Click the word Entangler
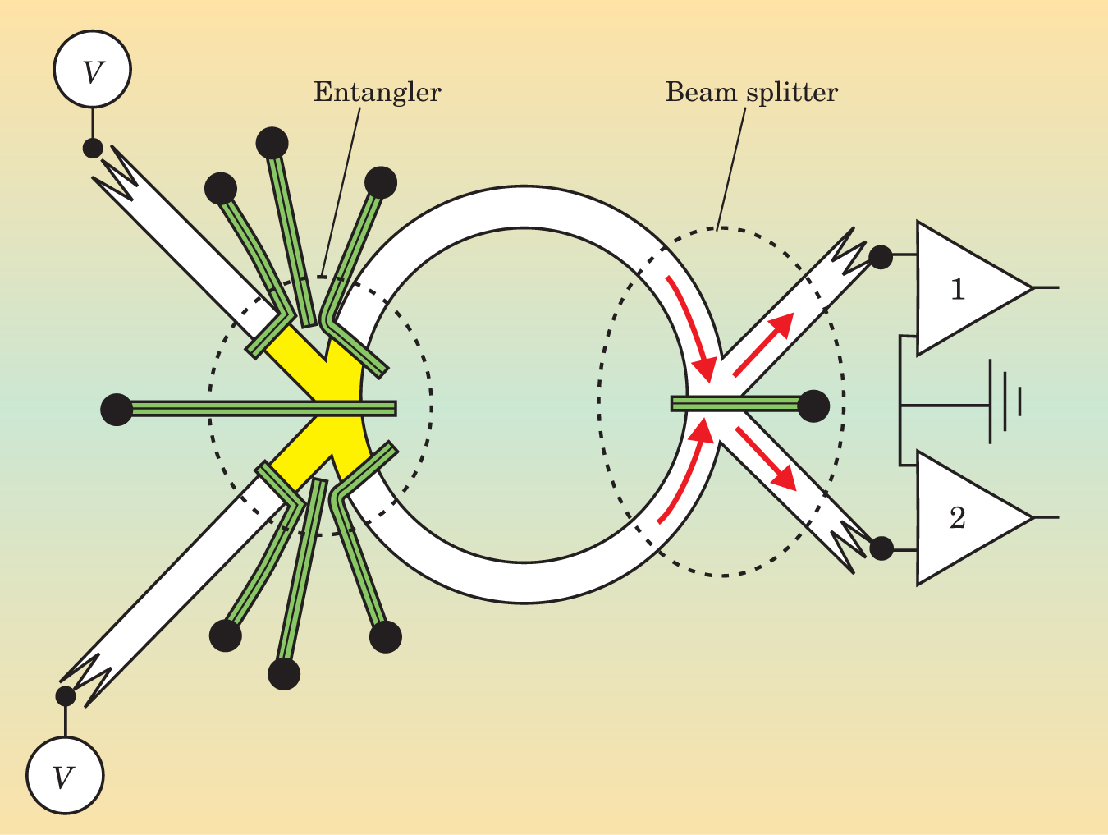click(377, 91)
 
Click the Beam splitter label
click(751, 91)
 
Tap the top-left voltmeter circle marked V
click(93, 70)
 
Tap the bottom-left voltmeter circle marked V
click(65, 775)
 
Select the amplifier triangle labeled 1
click(964, 288)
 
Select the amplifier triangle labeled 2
click(964, 517)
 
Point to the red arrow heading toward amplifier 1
click(763, 343)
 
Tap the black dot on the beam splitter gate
click(813, 406)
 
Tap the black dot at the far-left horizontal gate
click(117, 409)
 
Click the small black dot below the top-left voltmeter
click(93, 148)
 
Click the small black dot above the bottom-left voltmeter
click(65, 696)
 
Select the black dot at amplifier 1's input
click(881, 257)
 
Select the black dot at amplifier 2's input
click(881, 547)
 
